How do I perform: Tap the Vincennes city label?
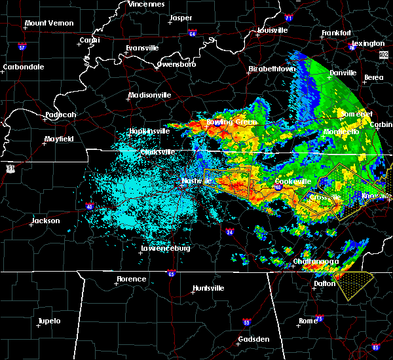[146, 4]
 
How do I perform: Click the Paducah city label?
[60, 115]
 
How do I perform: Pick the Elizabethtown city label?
[272, 69]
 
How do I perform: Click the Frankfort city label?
[337, 33]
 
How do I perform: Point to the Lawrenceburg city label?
[166, 249]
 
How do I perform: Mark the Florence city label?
[131, 279]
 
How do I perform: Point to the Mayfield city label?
[60, 139]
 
